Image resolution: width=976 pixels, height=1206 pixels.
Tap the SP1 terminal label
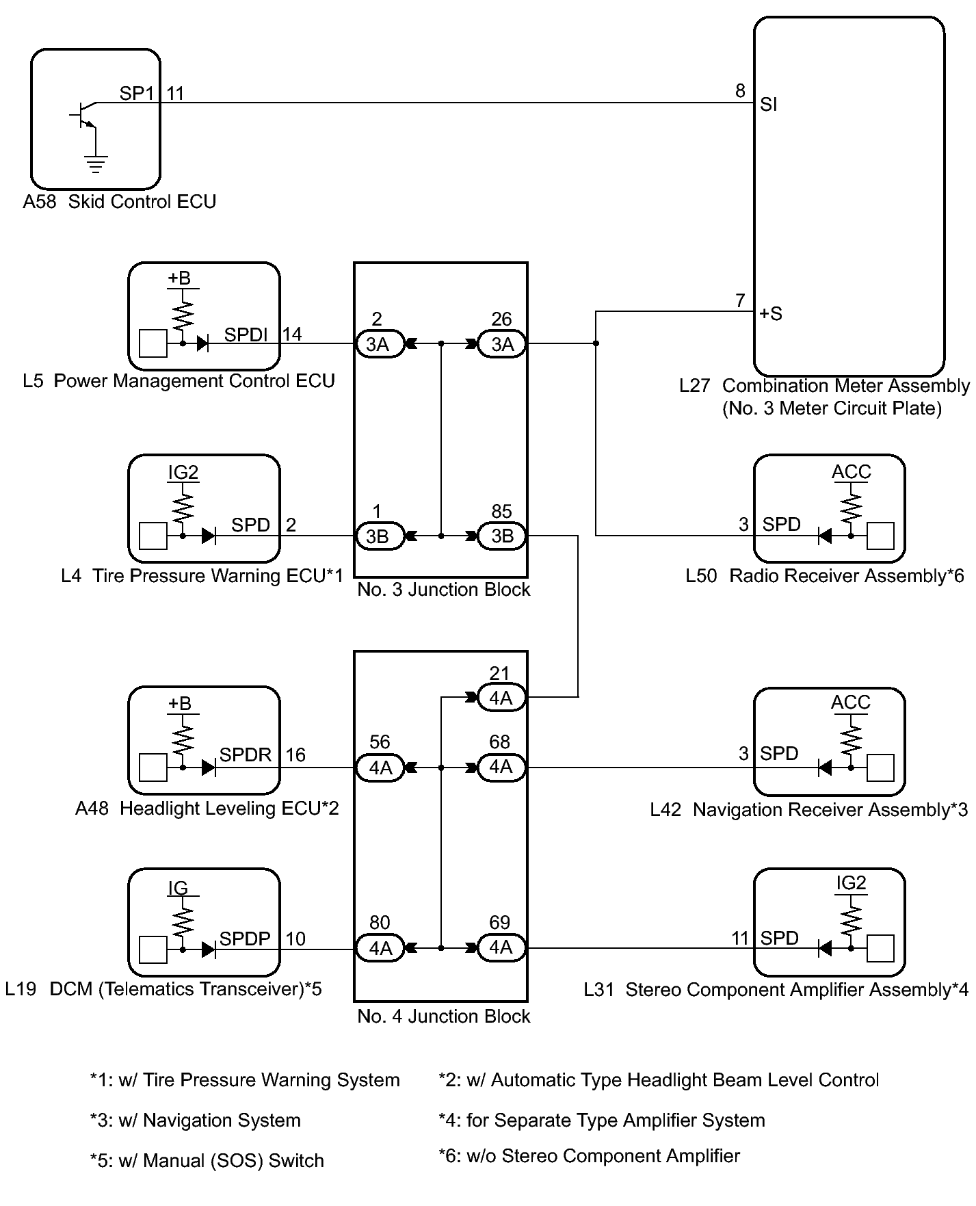[x=137, y=94]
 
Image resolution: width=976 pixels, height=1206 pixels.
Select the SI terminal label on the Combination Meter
[x=769, y=105]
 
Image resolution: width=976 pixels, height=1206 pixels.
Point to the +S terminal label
[x=771, y=314]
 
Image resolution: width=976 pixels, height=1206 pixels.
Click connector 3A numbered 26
[x=502, y=344]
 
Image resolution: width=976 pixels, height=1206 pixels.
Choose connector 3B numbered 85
[x=502, y=536]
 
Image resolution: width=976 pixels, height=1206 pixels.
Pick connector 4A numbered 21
[x=501, y=698]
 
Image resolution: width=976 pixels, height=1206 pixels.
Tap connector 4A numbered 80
[x=380, y=948]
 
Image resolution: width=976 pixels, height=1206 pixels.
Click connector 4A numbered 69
[x=501, y=947]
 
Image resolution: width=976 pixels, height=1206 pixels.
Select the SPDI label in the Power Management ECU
[x=246, y=335]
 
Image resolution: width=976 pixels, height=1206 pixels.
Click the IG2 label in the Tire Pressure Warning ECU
[x=183, y=473]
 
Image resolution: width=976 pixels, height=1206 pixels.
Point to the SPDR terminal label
[x=245, y=755]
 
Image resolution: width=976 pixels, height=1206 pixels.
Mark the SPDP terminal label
[x=245, y=939]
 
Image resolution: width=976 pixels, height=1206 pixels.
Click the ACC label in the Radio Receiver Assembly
[x=851, y=472]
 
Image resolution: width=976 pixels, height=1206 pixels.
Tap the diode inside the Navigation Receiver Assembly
[x=825, y=768]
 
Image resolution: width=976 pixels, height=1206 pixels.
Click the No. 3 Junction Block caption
[x=443, y=590]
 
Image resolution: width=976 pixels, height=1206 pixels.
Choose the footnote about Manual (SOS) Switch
[x=207, y=1161]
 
